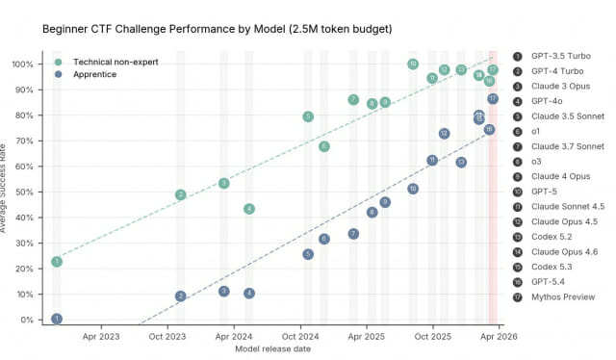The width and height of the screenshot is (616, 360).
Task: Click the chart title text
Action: pyautogui.click(x=218, y=29)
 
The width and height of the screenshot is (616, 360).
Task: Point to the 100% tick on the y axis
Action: pyautogui.click(x=22, y=64)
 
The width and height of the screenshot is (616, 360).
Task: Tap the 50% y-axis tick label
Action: pyautogui.click(x=24, y=193)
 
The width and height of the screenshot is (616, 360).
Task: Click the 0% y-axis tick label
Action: pyautogui.click(x=27, y=320)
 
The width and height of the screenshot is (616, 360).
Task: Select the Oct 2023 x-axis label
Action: pyautogui.click(x=167, y=337)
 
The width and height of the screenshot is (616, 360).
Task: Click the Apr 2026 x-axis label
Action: pyautogui.click(x=499, y=337)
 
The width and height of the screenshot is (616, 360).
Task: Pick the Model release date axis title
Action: pyautogui.click(x=273, y=349)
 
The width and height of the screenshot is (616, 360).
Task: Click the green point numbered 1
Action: pyautogui.click(x=57, y=262)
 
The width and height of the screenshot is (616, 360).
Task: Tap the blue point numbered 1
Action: pyautogui.click(x=57, y=319)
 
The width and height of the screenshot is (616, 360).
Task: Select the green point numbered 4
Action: pyautogui.click(x=249, y=209)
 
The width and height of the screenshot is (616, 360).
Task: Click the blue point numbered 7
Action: pyautogui.click(x=353, y=234)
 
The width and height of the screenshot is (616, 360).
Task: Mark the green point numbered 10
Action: pyautogui.click(x=413, y=64)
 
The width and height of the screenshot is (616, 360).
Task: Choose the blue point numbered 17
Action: pyautogui.click(x=493, y=99)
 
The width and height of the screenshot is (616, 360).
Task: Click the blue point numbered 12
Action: pyautogui.click(x=444, y=134)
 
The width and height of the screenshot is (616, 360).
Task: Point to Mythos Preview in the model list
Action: pyautogui.click(x=563, y=297)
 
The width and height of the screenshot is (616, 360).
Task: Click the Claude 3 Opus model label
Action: pyautogui.click(x=560, y=87)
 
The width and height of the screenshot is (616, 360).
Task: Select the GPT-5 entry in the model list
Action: pyautogui.click(x=544, y=192)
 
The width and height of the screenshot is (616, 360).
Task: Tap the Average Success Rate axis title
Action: pyautogui.click(x=3, y=189)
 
